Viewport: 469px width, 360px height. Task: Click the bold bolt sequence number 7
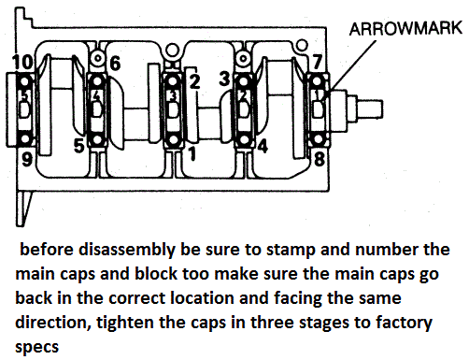[x=318, y=62]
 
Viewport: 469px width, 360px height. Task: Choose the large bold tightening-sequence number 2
[x=194, y=81]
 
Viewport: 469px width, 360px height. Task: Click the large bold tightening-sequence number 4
[x=263, y=147]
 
